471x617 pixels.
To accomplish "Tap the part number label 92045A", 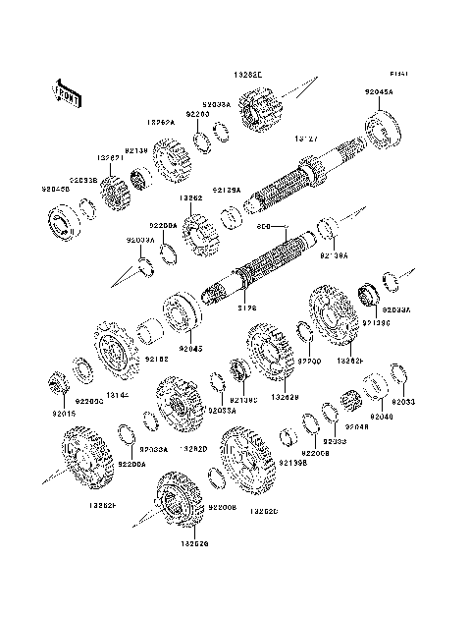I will pyautogui.click(x=379, y=91).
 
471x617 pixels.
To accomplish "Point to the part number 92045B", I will pyautogui.click(x=55, y=189).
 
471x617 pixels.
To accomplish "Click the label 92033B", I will pyautogui.click(x=82, y=181).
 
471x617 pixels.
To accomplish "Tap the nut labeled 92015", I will pyautogui.click(x=58, y=381).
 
